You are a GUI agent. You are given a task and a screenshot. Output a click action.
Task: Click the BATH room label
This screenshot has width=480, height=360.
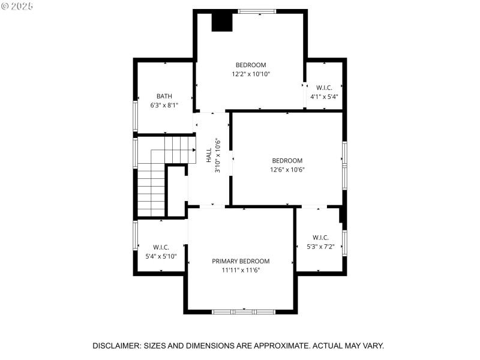(x=164, y=96)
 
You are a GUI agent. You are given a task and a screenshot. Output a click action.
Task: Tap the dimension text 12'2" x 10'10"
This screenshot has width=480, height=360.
(x=251, y=74)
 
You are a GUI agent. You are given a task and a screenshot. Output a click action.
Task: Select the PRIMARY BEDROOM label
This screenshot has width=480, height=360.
(x=241, y=261)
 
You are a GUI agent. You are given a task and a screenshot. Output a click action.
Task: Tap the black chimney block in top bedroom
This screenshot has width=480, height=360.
(x=221, y=21)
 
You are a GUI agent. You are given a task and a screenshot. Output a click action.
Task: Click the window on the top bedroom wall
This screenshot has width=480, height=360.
(x=257, y=11)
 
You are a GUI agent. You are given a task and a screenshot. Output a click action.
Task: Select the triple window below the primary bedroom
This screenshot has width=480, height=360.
(x=244, y=311)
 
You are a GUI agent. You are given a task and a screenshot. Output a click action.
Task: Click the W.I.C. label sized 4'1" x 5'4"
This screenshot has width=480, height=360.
(x=324, y=88)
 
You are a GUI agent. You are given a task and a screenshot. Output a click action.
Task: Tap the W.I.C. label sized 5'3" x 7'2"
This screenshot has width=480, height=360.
(x=320, y=238)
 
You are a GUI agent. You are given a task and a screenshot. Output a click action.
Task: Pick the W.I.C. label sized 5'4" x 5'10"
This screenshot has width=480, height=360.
(x=161, y=247)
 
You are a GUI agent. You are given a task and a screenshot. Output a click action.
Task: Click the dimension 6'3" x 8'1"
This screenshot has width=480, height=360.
(x=164, y=105)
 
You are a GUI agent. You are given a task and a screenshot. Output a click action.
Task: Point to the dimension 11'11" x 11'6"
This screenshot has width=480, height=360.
(x=241, y=270)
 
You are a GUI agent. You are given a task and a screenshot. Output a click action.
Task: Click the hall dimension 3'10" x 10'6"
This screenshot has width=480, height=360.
(x=218, y=156)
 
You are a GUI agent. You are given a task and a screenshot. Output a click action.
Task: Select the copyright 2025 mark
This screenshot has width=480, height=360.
(x=17, y=5)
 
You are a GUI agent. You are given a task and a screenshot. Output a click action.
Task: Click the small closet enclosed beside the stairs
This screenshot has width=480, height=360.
(x=176, y=191)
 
